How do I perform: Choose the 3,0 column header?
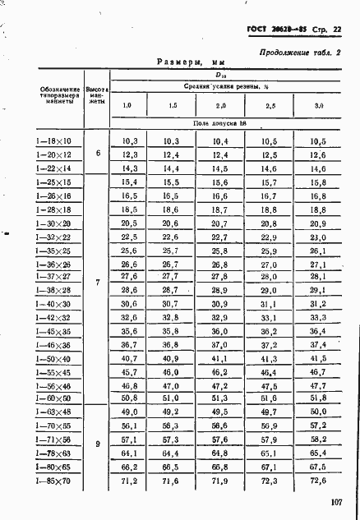[x=318, y=107]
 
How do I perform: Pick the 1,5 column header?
[x=172, y=107]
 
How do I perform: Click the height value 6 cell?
[x=98, y=154]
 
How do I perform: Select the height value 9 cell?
[x=98, y=444]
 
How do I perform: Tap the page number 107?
[x=335, y=502]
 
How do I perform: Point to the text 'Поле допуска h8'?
[x=220, y=124]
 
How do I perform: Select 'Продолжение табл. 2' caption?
[x=299, y=51]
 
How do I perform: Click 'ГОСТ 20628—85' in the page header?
[x=275, y=30]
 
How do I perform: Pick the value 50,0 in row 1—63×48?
[x=318, y=412]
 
